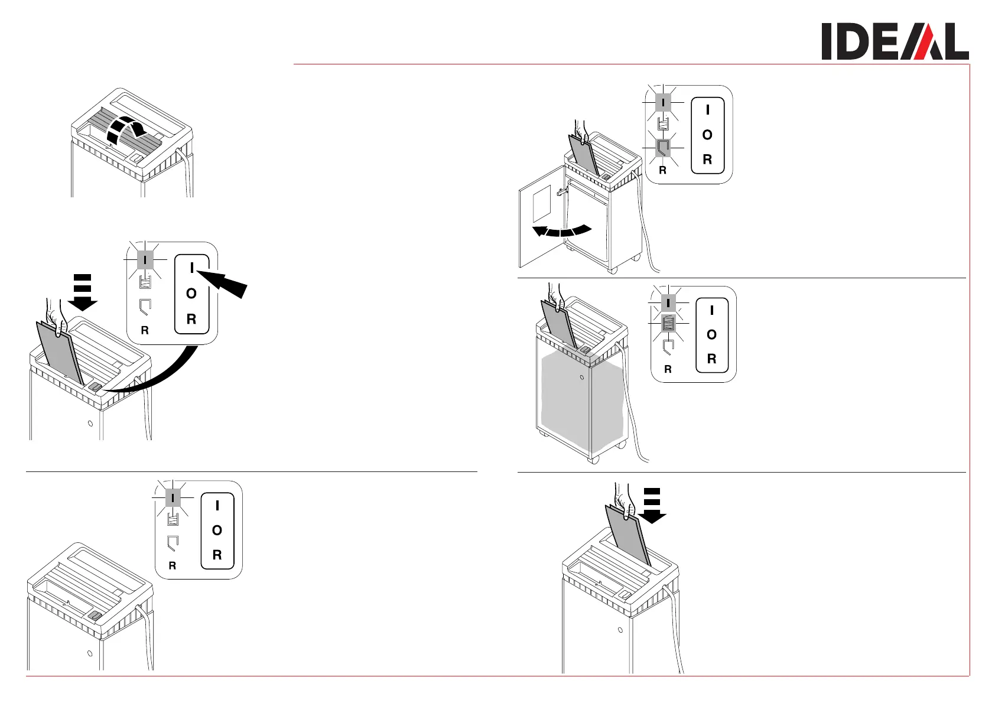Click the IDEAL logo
(894, 41)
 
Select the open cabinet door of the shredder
(542, 216)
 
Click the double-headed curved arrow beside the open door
(561, 230)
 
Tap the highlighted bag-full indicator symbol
(668, 323)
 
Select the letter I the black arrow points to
(191, 268)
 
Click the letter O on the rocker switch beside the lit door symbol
(707, 135)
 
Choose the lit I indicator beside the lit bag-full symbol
(668, 303)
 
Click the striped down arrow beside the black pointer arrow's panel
(83, 292)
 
